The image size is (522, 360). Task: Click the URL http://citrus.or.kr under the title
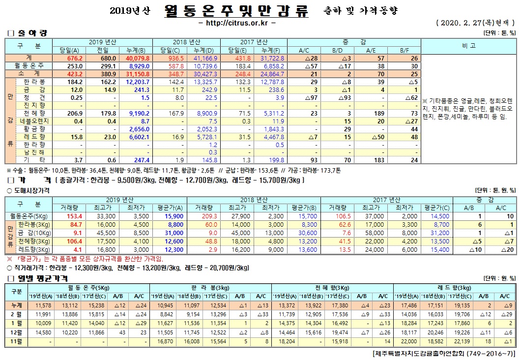click(236, 23)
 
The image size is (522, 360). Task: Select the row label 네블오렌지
click(33, 120)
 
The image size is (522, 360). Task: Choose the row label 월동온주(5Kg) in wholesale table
click(29, 216)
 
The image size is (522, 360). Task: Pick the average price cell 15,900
click(161, 216)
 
